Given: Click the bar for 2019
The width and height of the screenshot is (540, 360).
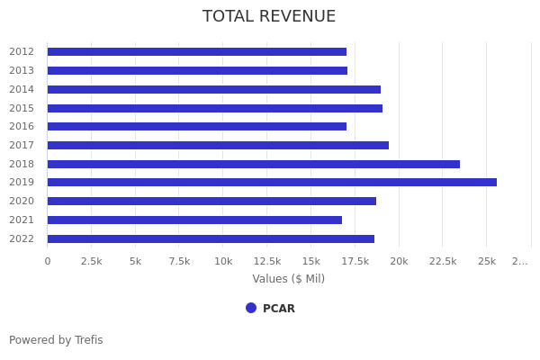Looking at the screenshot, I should pos(272,183).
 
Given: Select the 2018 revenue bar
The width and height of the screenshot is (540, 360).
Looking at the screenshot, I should pos(253,164).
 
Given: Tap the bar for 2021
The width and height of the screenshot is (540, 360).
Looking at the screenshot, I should pos(194,220).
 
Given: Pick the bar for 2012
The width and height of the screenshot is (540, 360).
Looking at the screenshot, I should pos(196,52).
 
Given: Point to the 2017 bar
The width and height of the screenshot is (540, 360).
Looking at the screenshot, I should pos(218,145).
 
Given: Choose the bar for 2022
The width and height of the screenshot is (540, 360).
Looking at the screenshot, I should pos(211,238).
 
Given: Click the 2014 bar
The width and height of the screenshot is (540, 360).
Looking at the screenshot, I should pos(213,89).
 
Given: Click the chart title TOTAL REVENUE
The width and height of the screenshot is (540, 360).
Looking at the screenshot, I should pos(269,17).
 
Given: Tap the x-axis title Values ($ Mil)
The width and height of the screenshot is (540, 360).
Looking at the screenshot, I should pos(288,279).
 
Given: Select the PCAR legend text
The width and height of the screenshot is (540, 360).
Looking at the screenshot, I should pos(278,309).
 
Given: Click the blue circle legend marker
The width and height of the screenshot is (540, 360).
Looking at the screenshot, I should pos(251,308).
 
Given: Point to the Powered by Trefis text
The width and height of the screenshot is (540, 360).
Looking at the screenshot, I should pos(56,340).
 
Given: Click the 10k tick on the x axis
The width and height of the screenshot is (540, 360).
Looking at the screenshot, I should pos(223,261).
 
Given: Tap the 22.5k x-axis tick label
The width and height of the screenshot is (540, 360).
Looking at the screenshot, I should pos(442,261).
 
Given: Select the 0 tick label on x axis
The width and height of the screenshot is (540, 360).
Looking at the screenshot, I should pos(48,261).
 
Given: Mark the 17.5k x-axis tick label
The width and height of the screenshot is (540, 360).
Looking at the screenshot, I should pos(355,261).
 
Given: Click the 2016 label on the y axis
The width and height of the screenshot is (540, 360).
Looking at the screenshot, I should pos(22,127).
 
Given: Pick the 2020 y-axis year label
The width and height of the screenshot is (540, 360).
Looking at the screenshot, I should pos(22,202).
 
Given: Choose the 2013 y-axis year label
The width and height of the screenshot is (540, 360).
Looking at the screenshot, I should pos(22,71).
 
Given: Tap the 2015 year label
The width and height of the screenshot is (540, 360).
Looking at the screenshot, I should pos(22,108).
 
